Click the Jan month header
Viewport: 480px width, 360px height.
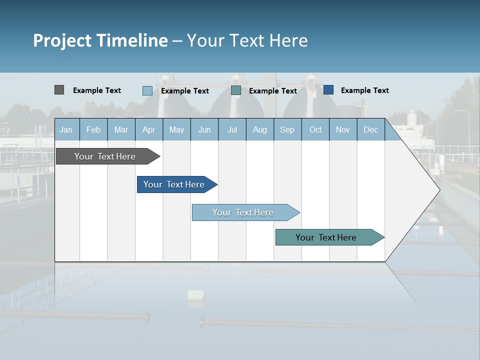(x=66, y=129)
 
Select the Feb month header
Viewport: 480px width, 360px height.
(x=93, y=129)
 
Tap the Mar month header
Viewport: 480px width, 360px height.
(x=121, y=129)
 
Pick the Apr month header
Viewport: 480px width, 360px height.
(x=149, y=129)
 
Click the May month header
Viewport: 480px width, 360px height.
(x=176, y=129)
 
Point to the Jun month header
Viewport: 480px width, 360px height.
(x=204, y=129)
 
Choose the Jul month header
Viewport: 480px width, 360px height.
(x=232, y=129)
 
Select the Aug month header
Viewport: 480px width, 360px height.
(x=260, y=129)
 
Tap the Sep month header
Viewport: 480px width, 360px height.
(x=287, y=129)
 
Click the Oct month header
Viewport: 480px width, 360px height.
(x=315, y=129)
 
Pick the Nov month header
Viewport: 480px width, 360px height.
(x=343, y=129)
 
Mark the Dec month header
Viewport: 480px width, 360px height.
(x=371, y=129)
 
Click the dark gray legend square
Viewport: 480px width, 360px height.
(x=59, y=90)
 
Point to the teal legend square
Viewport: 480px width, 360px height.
(x=236, y=90)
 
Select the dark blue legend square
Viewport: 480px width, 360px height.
(x=328, y=90)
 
